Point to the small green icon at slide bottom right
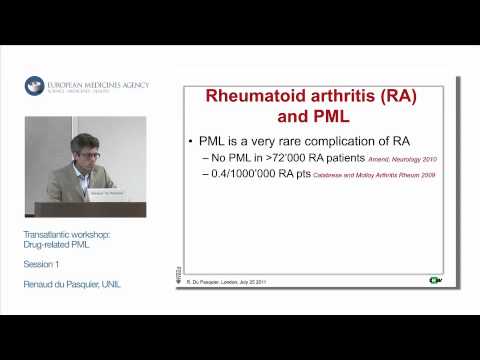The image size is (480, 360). pos(435,281)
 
